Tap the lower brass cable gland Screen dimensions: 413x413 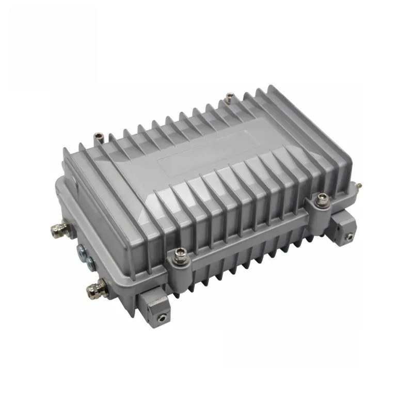[95, 285]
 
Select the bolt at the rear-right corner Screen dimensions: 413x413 [229, 97]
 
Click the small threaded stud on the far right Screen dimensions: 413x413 [358, 184]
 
